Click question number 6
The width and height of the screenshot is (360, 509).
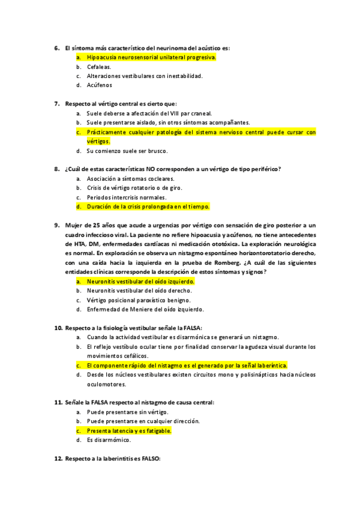[57, 47]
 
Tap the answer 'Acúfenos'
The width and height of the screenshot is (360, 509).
[99, 86]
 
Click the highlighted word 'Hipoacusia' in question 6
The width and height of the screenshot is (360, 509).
[102, 57]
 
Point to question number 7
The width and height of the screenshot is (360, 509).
[57, 103]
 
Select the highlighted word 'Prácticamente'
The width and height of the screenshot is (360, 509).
[107, 132]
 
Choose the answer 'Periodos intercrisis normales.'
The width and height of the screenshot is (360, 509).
[127, 197]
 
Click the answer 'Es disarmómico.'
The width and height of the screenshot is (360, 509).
[109, 440]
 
